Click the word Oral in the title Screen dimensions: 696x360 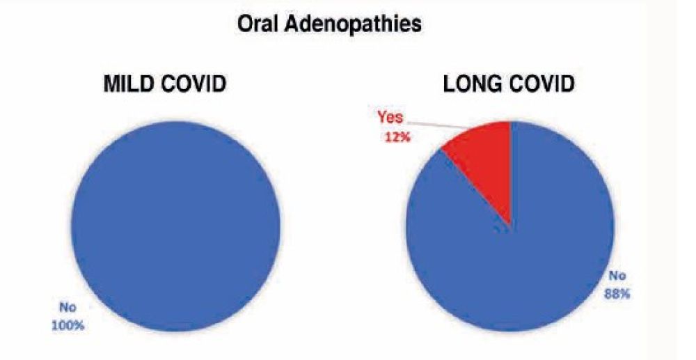coord(258,25)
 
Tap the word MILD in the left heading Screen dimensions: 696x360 coord(129,84)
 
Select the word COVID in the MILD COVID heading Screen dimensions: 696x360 coord(193,84)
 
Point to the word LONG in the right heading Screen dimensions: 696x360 coord(472,84)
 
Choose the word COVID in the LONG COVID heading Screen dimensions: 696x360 coord(541,84)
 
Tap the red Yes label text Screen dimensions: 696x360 coord(390,118)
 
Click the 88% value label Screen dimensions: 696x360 coord(617,293)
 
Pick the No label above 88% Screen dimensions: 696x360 coord(617,276)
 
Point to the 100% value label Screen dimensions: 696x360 coord(68,325)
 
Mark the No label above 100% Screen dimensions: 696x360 coord(68,307)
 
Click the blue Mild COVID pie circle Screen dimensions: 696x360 coord(176,226)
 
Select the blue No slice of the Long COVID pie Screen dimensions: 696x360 coord(524,266)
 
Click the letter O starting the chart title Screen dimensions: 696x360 coord(245,25)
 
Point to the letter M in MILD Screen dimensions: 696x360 coord(111,84)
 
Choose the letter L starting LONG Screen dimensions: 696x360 coord(449,84)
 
